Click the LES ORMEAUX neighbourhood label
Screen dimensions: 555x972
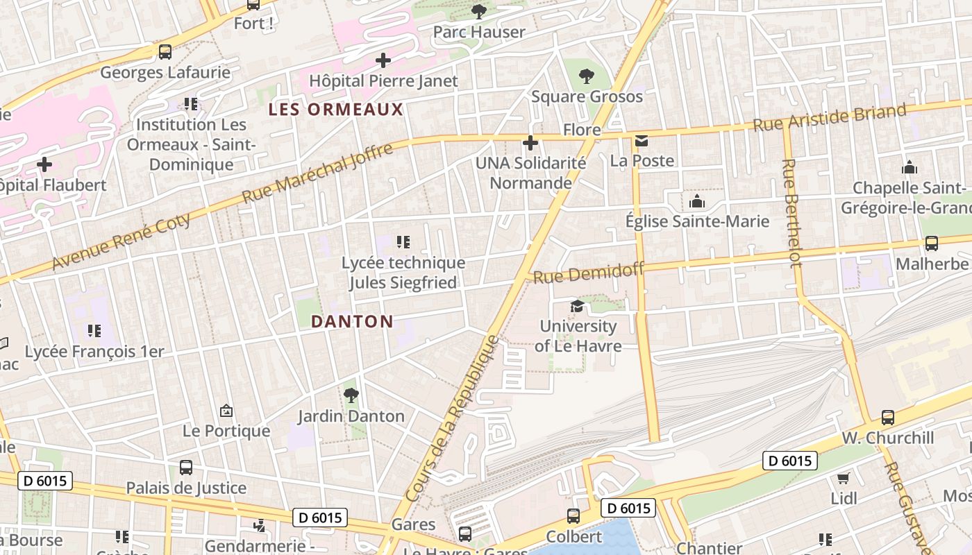[335, 109]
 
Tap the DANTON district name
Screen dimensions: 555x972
[352, 321]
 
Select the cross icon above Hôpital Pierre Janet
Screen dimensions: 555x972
[383, 60]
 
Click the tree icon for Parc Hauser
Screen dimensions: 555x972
[478, 11]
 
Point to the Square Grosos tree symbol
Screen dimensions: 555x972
[587, 76]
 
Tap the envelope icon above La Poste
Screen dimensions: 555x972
[641, 142]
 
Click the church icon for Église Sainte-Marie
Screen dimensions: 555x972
[696, 202]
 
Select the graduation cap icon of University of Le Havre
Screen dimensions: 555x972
[577, 306]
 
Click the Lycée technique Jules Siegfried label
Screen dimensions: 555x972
[403, 273]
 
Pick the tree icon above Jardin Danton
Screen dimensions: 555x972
[351, 395]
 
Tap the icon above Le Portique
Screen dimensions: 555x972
[226, 411]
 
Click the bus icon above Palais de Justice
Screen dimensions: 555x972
[185, 468]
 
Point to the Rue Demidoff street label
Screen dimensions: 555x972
[588, 272]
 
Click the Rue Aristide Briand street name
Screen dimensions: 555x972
[830, 117]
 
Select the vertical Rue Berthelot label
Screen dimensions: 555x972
[791, 212]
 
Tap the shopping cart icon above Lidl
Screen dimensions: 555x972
[844, 478]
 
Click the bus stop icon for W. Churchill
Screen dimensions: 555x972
[887, 418]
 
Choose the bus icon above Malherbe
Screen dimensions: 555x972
[931, 244]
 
